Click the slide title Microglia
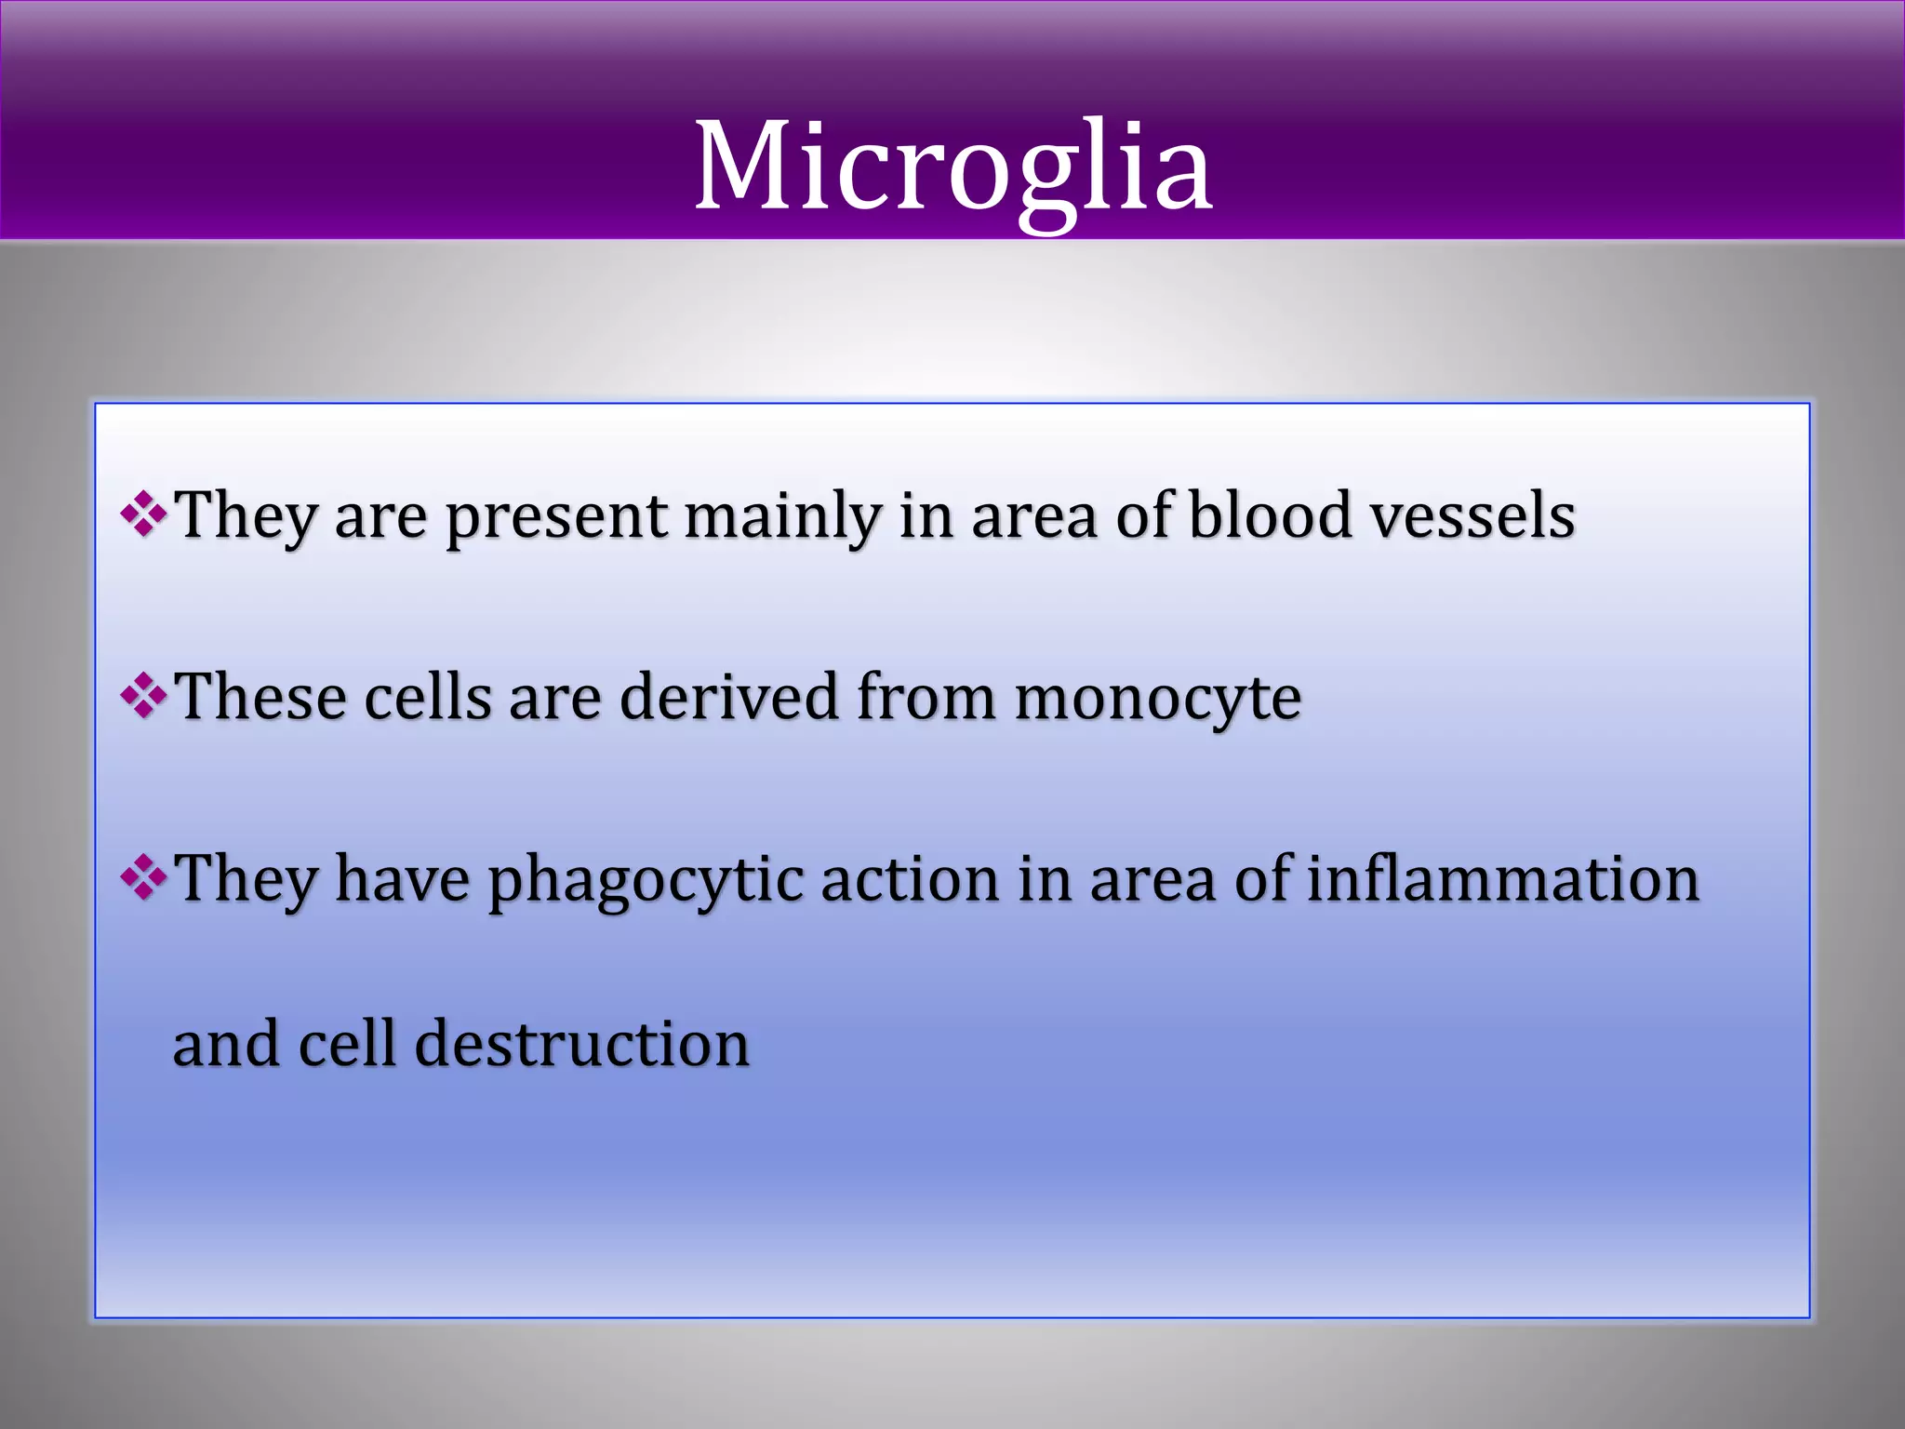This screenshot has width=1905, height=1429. (952, 167)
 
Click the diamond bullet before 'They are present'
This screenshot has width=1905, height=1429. (144, 514)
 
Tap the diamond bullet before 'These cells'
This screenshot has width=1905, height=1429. (144, 697)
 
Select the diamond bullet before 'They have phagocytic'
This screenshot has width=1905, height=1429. (144, 878)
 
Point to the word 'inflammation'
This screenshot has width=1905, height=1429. (1503, 878)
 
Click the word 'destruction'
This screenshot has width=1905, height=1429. (581, 1043)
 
